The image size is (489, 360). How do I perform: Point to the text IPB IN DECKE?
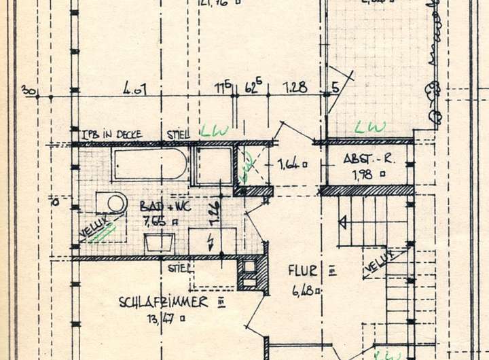coord(111,134)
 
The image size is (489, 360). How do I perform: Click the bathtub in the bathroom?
coord(150,164)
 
